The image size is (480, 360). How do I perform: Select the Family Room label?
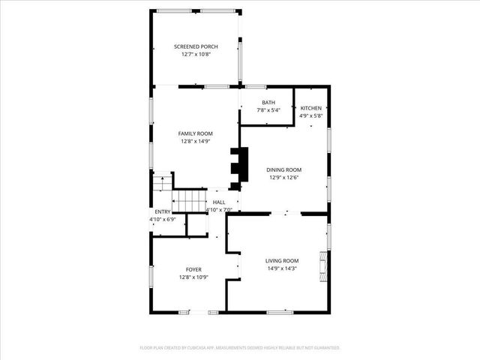[x=195, y=133]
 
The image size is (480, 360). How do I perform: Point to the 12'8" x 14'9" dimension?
[x=195, y=141]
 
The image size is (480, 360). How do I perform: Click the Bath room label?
[x=268, y=103]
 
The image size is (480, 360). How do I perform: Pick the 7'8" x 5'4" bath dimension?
[x=268, y=110]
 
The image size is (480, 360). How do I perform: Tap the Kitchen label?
[x=310, y=108]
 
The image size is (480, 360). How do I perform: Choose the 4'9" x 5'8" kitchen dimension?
[x=310, y=115]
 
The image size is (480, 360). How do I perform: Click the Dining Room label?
[x=284, y=170]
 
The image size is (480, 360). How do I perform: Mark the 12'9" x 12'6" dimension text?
[x=284, y=178]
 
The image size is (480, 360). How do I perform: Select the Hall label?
[x=219, y=202]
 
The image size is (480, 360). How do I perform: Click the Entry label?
[x=163, y=212]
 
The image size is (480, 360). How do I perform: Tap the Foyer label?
[x=193, y=269]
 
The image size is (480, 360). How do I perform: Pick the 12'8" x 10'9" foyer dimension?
[x=193, y=277]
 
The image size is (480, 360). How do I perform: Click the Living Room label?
[x=282, y=260]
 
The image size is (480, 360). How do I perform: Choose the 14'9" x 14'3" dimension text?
[x=282, y=268]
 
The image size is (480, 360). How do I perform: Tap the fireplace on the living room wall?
[x=323, y=265]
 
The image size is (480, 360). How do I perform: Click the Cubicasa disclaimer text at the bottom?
[x=240, y=348]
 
